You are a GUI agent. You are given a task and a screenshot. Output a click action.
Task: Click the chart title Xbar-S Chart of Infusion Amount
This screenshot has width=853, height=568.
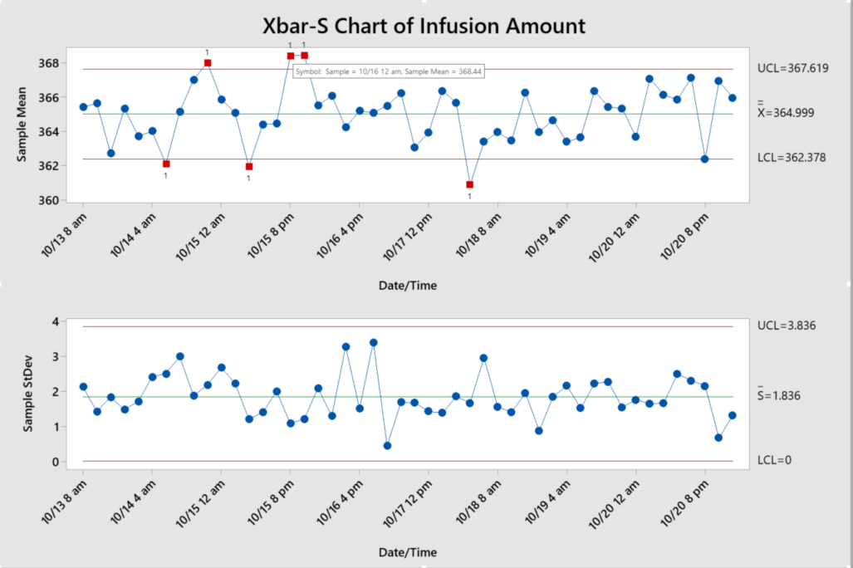tap(424, 26)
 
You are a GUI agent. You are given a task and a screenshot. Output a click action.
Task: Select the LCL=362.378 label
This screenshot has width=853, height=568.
tap(792, 158)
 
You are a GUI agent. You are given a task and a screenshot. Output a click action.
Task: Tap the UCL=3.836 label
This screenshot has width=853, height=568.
tap(786, 326)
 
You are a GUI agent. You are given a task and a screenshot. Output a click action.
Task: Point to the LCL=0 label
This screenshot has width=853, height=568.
tap(774, 460)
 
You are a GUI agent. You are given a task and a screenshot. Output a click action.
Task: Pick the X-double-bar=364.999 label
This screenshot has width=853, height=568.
tap(792, 113)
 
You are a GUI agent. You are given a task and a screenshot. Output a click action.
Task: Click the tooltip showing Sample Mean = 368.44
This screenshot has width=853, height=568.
tap(389, 71)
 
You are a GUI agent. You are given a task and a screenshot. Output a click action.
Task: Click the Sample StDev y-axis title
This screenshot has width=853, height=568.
tap(27, 390)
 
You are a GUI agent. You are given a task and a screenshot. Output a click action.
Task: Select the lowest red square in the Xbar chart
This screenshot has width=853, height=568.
tap(470, 184)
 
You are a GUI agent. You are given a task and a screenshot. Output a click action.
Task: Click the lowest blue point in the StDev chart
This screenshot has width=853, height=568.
tap(387, 445)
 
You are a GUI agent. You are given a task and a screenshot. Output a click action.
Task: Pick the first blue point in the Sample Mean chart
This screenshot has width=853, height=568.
tap(83, 107)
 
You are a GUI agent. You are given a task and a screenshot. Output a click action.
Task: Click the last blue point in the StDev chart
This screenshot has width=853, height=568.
tap(733, 415)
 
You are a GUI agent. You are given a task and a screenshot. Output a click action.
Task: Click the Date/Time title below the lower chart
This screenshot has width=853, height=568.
tap(407, 552)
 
